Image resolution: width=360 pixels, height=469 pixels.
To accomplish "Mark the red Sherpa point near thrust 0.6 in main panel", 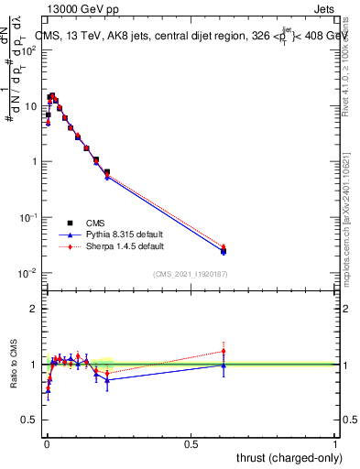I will click(x=224, y=247).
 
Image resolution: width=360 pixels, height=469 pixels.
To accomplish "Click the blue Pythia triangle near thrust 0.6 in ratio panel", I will click(x=224, y=365).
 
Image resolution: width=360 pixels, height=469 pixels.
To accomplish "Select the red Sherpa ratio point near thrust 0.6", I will click(x=224, y=350).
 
